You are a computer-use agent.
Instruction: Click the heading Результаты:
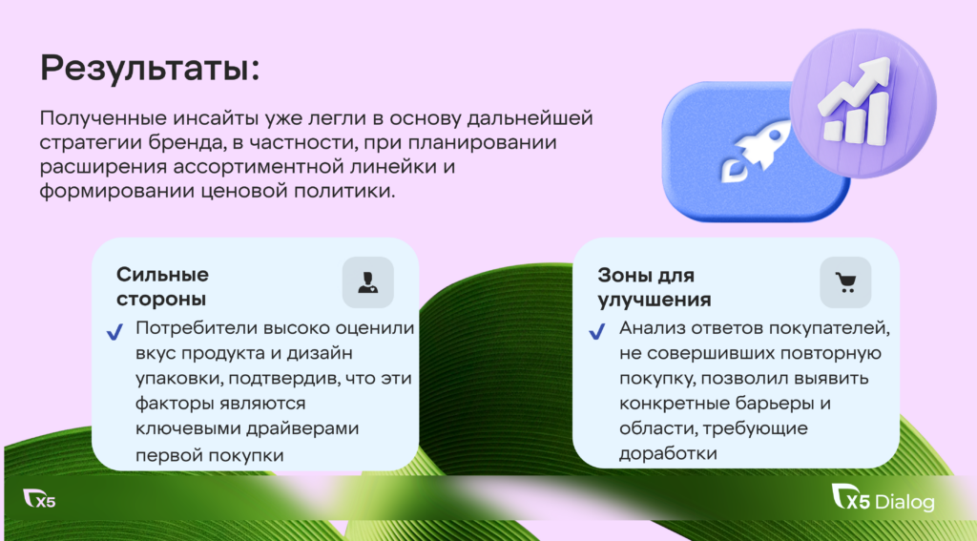(x=150, y=68)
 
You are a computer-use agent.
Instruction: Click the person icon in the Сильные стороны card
(x=367, y=282)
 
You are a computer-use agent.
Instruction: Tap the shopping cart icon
(x=845, y=282)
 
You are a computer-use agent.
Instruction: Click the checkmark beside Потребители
(x=114, y=332)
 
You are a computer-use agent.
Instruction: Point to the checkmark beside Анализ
(x=597, y=332)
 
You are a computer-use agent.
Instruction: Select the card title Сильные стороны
(x=162, y=286)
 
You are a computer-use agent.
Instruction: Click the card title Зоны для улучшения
(x=655, y=287)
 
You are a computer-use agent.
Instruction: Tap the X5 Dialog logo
(x=883, y=499)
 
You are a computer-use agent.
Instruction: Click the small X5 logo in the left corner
(x=39, y=499)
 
